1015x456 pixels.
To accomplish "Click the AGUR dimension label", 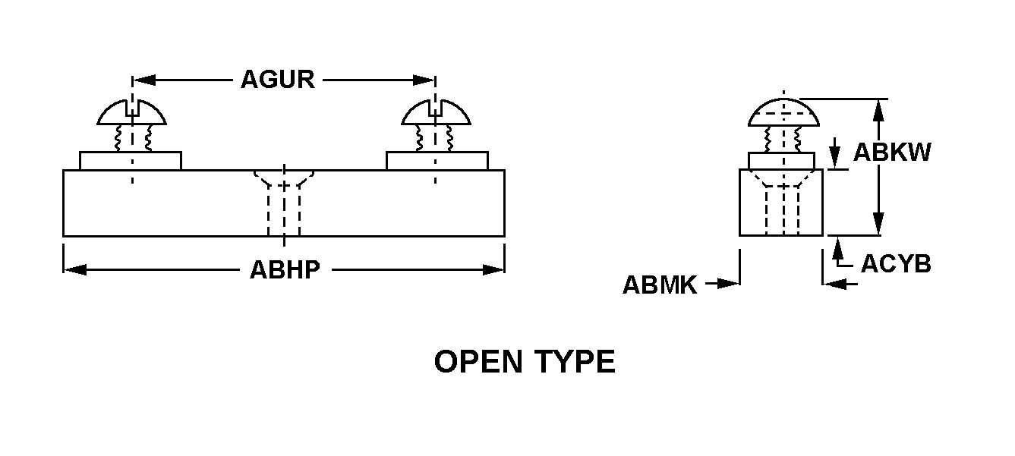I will click(x=277, y=79).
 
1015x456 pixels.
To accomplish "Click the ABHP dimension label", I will click(x=285, y=269).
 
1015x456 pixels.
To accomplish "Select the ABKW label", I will click(x=892, y=153).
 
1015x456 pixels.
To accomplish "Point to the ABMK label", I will click(x=660, y=285).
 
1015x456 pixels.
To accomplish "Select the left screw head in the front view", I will click(x=131, y=113).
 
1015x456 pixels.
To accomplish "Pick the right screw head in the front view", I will click(x=435, y=113).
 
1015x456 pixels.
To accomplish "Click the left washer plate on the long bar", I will click(x=131, y=160).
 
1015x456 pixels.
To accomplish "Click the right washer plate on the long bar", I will click(x=437, y=160).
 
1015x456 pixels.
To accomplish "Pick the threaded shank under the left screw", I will click(x=132, y=138).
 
